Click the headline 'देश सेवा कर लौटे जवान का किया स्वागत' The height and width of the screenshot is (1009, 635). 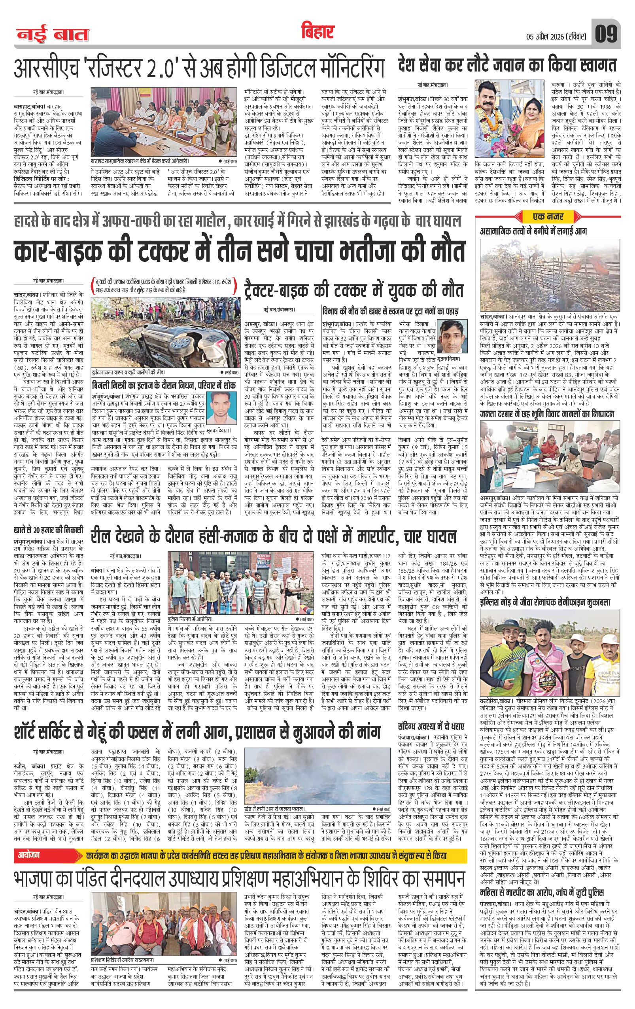[x=507, y=66]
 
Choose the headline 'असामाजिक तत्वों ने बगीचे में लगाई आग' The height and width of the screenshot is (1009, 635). [x=533, y=231]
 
